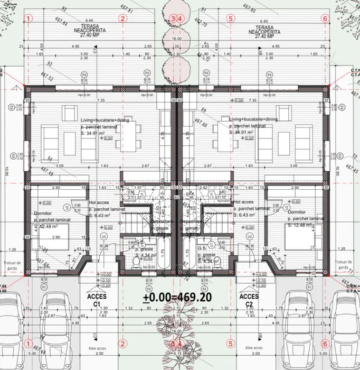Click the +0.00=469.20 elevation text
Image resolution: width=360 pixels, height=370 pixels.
[177, 298]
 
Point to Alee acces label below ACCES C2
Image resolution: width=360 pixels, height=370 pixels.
[255, 348]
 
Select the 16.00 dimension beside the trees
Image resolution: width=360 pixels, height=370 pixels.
[176, 39]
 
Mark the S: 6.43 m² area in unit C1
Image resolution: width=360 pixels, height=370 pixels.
[99, 216]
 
